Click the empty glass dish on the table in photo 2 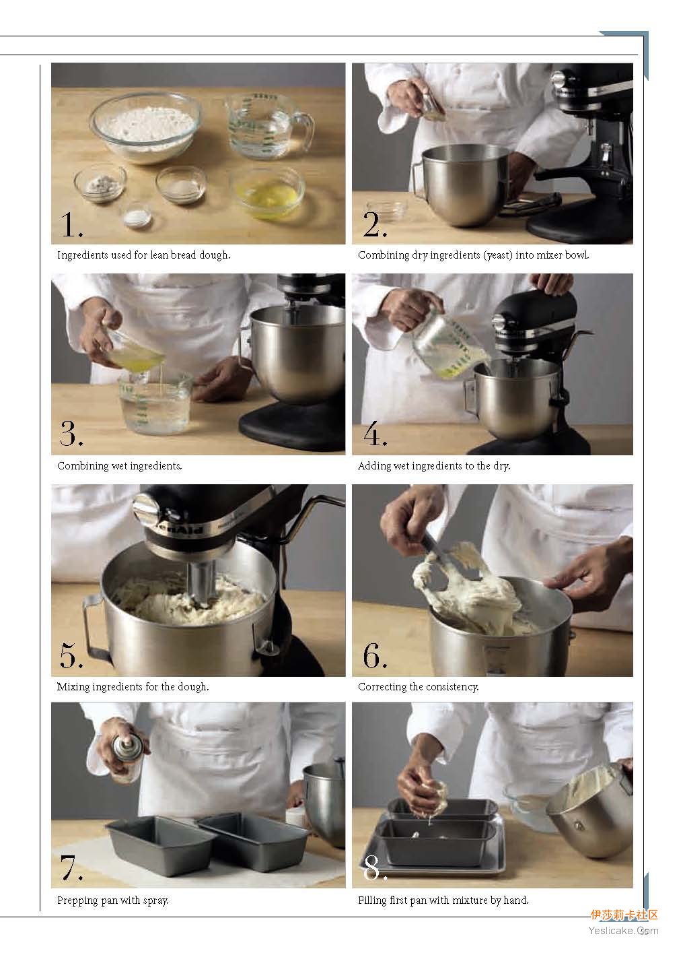tap(387, 209)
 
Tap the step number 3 tap(71, 434)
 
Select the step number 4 tap(375, 434)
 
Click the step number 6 tap(374, 655)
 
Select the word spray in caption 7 tap(155, 900)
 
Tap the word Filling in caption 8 tap(372, 900)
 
